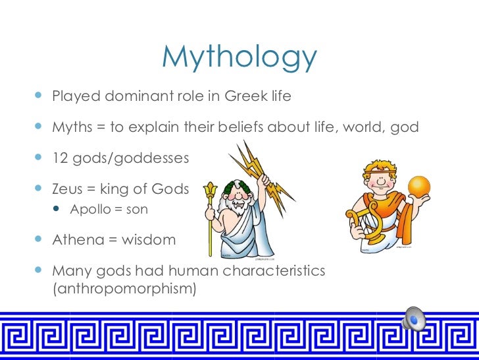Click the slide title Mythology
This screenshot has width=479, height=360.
click(x=239, y=58)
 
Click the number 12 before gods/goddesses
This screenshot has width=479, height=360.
click(x=60, y=158)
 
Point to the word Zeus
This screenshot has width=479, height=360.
click(x=68, y=189)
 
